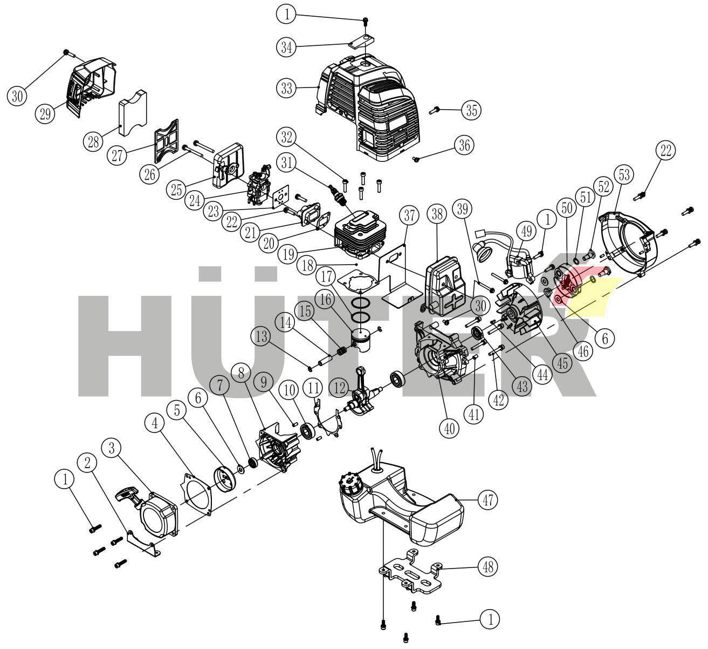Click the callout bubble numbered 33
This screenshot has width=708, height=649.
pyautogui.click(x=287, y=87)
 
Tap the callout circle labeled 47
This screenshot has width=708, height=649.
pyautogui.click(x=487, y=500)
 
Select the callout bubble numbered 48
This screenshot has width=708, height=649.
pyautogui.click(x=487, y=567)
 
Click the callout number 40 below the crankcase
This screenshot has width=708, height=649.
pyautogui.click(x=449, y=428)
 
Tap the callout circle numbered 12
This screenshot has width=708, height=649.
pyautogui.click(x=340, y=388)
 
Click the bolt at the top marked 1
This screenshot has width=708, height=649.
pyautogui.click(x=366, y=21)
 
